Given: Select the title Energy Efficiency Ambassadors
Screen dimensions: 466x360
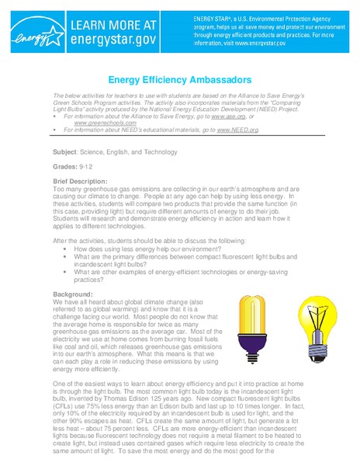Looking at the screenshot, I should (x=179, y=79).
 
